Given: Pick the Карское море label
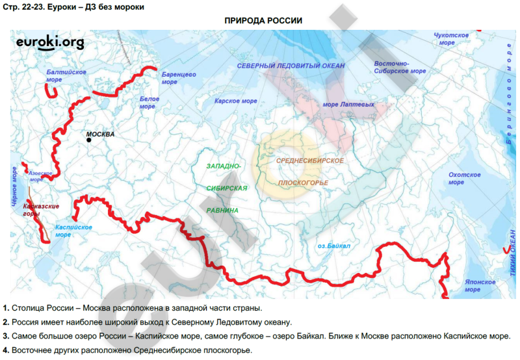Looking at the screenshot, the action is tap(236, 101).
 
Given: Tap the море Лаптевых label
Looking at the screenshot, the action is tap(348, 104).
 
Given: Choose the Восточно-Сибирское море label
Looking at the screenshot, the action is tap(400, 67).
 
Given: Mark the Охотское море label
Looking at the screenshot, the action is tap(465, 178).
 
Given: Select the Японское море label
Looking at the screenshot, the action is tap(480, 286).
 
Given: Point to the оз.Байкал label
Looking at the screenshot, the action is tap(334, 246).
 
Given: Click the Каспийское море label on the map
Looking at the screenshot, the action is tap(72, 231).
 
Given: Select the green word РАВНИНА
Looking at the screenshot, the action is tap(222, 211).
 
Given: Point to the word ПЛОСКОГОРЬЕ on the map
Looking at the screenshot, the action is tap(303, 183).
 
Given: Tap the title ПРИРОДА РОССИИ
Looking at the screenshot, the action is tap(263, 20).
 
